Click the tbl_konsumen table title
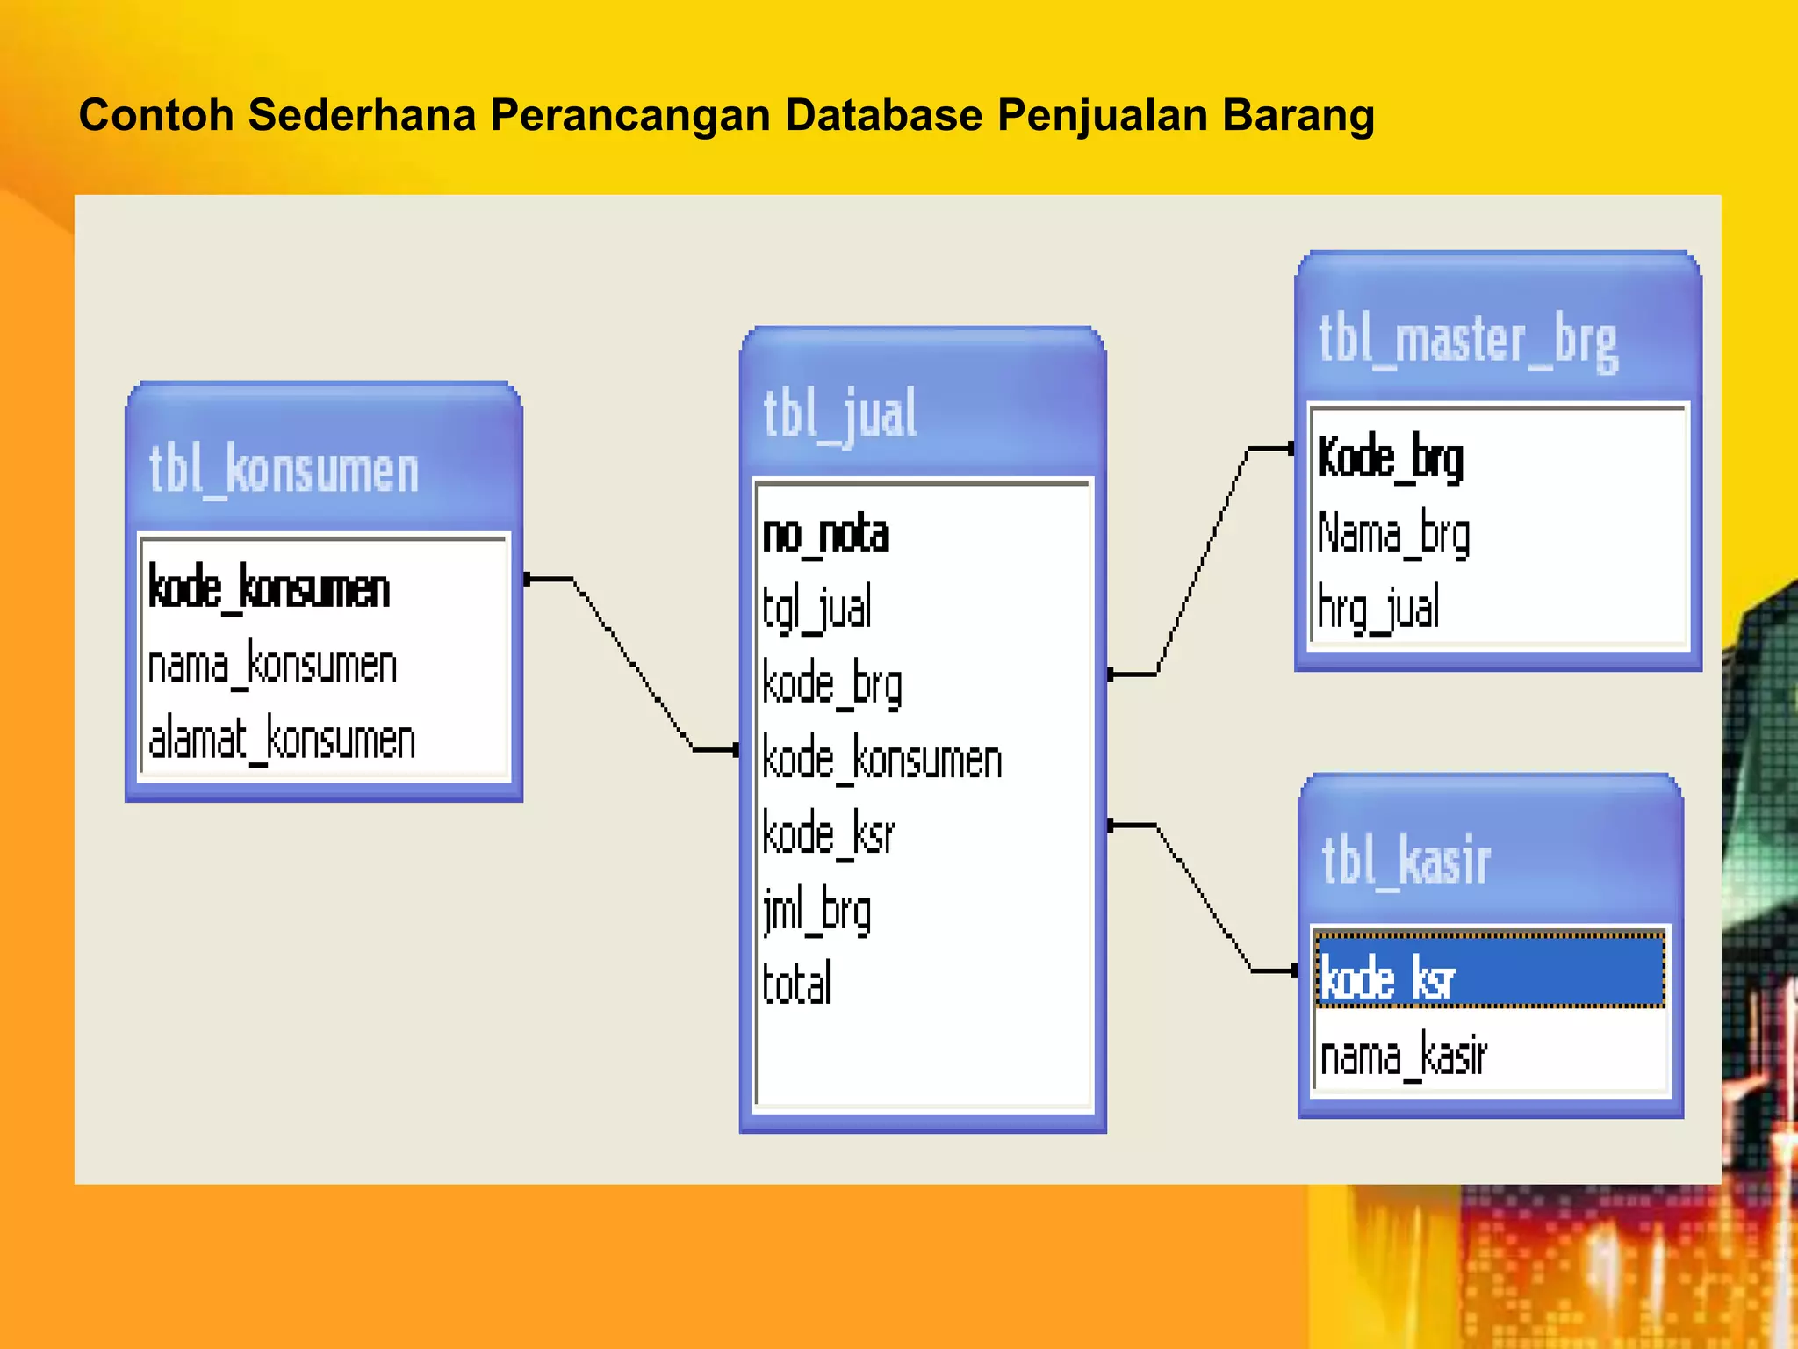click(284, 471)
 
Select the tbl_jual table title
click(839, 415)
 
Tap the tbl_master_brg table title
click(1467, 341)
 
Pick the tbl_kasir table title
click(1406, 861)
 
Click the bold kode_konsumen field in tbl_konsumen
click(269, 588)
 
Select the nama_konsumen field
click(272, 665)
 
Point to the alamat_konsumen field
click(282, 739)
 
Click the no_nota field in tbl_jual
click(825, 534)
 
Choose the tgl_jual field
click(816, 608)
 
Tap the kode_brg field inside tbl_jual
click(831, 684)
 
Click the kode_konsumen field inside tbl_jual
click(881, 759)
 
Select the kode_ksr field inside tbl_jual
click(828, 833)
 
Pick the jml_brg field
click(816, 911)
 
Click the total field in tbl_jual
click(796, 985)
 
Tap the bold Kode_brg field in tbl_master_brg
click(1390, 458)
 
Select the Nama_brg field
click(1393, 534)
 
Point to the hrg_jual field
click(1378, 608)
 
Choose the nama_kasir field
click(1403, 1055)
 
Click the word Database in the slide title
click(882, 115)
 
